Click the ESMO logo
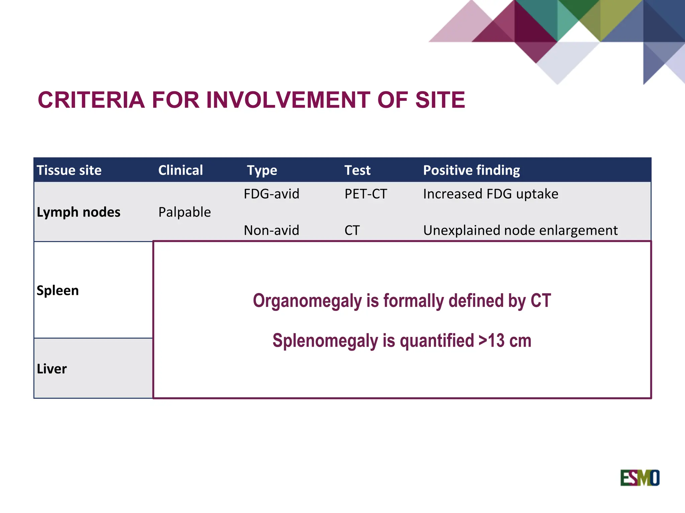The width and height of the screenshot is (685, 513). click(640, 478)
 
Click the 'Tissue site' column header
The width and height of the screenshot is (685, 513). click(69, 170)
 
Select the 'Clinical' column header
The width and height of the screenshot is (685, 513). click(180, 170)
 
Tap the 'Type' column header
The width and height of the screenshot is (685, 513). click(262, 170)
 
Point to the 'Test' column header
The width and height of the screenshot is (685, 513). click(357, 170)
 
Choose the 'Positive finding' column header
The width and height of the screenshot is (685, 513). click(471, 170)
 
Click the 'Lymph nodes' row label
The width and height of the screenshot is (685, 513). click(78, 212)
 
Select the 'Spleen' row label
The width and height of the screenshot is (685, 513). click(58, 290)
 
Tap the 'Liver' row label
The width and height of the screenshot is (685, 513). click(52, 369)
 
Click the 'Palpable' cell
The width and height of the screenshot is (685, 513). click(185, 212)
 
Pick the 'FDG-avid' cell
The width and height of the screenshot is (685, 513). click(271, 194)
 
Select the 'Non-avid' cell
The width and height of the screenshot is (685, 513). click(271, 230)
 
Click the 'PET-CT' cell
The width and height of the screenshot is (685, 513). click(366, 194)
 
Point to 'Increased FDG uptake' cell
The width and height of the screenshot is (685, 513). click(490, 194)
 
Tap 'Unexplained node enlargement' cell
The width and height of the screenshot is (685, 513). click(520, 230)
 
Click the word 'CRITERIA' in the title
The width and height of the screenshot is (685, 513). click(91, 100)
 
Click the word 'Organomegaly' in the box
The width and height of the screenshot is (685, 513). click(307, 301)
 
